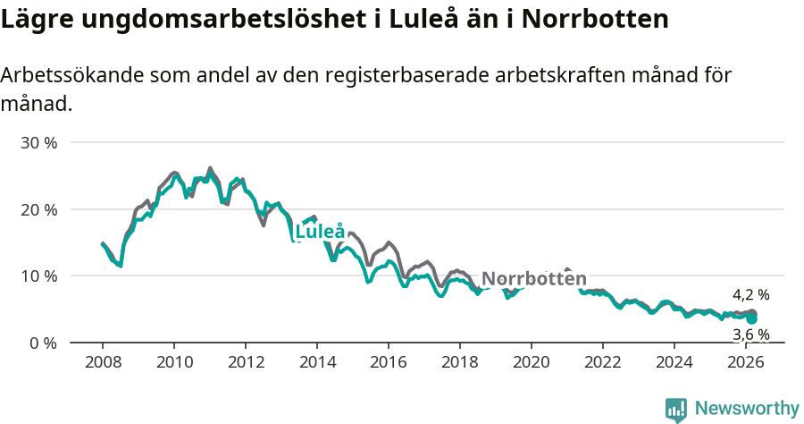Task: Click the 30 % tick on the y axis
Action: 38,143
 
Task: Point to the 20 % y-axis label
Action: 38,209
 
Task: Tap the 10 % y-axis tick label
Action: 38,276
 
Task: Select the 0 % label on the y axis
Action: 42,343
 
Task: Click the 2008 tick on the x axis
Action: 102,362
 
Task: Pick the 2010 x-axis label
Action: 173,362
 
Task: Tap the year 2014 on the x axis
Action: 316,362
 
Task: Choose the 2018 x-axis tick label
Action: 459,362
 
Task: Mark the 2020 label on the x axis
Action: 531,362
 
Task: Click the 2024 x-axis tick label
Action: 674,362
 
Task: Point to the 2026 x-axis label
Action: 745,362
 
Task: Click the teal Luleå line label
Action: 320,232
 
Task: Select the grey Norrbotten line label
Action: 534,278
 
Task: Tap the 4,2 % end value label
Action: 750,294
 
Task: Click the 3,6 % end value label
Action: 750,335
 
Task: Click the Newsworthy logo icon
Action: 676,410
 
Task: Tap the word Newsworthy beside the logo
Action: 747,409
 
